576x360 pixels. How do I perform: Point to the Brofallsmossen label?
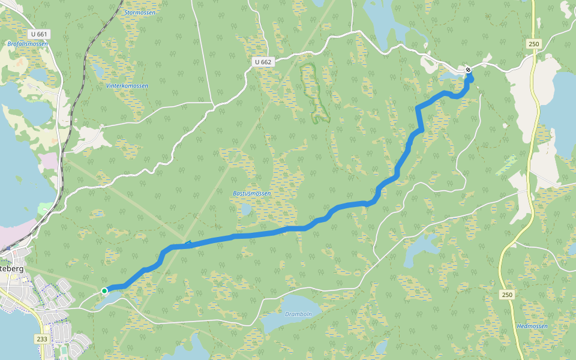click(28, 44)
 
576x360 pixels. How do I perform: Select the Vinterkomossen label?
click(127, 86)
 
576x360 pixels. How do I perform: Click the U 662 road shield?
click(263, 62)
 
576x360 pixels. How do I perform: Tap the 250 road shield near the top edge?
click(534, 44)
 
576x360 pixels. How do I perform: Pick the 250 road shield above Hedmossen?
click(508, 295)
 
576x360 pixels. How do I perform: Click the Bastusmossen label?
click(252, 194)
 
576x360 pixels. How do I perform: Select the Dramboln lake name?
click(298, 314)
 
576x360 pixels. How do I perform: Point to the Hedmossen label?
click(532, 326)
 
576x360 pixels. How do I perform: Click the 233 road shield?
click(42, 339)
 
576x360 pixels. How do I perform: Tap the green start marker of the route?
click(104, 291)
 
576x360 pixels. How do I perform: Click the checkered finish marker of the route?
click(468, 70)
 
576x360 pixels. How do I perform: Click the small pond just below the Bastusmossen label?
click(245, 210)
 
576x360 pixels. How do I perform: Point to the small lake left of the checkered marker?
click(450, 76)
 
